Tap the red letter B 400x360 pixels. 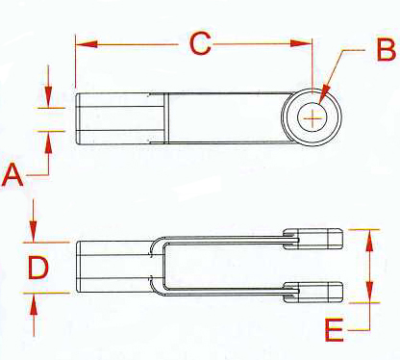385,49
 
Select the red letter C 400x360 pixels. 199,43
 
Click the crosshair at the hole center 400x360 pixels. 312,117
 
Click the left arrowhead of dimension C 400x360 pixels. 81,43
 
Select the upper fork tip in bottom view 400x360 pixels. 318,237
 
